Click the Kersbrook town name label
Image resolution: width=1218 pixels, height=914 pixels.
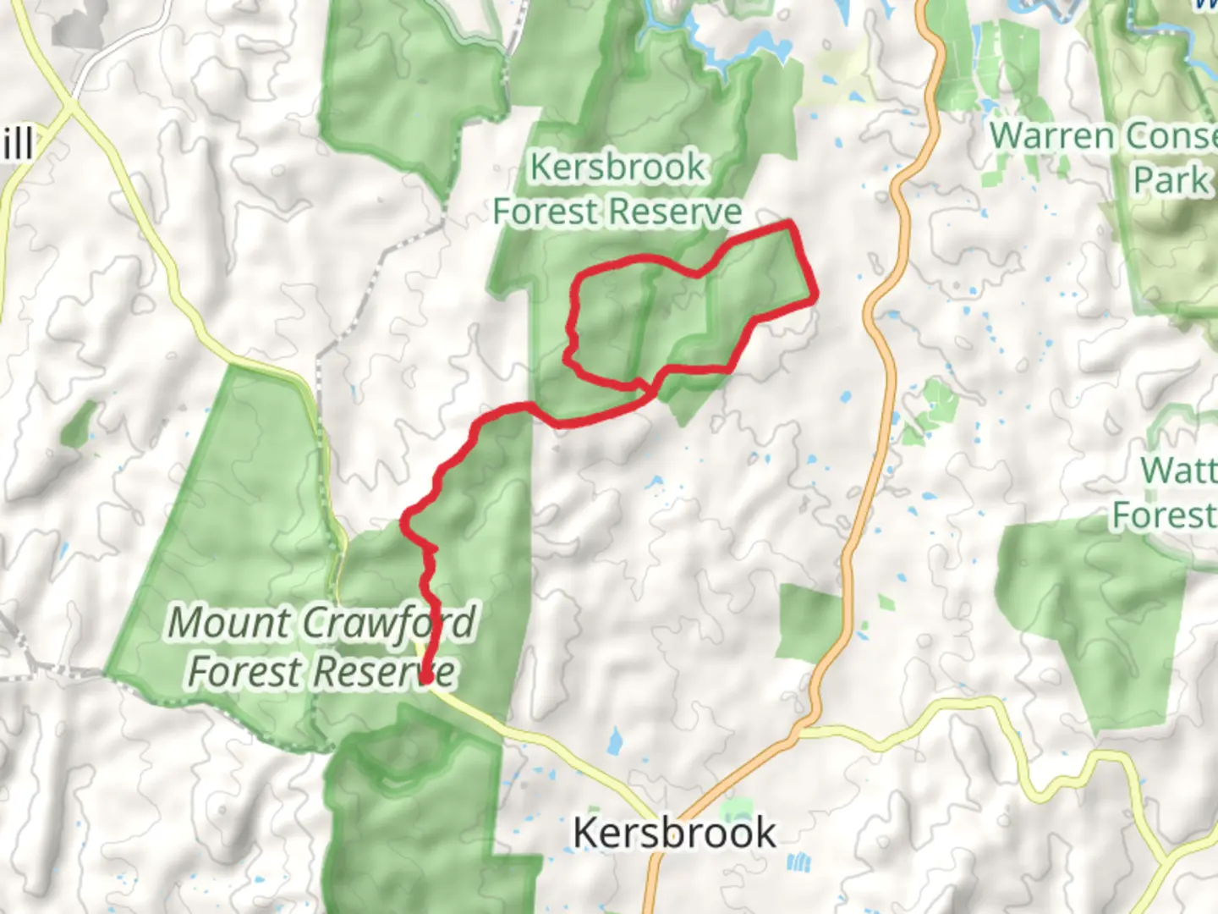674,833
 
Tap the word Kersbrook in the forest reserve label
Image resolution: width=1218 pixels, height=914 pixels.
617,167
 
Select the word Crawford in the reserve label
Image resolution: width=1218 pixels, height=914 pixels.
389,624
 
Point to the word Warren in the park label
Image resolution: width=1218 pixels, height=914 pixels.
1053,135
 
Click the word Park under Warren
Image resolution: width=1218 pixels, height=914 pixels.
1171,180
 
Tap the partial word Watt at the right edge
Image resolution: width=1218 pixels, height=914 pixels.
1178,470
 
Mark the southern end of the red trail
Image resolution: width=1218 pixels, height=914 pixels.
425,677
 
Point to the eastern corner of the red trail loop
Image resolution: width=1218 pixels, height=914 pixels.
815,298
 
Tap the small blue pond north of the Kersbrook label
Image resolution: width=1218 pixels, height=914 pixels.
615,741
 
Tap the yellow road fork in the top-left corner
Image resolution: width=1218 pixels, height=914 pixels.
69,107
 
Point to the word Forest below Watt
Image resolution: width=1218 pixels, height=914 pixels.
1163,515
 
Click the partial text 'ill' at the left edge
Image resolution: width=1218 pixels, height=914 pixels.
17,144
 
